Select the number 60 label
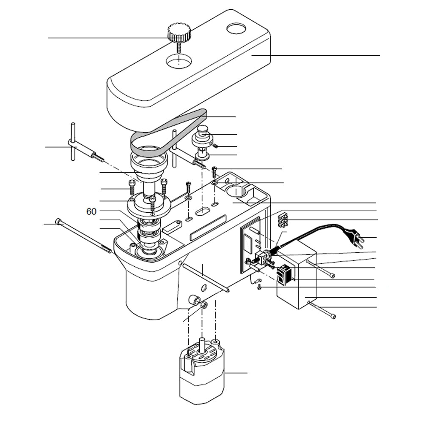point(91,211)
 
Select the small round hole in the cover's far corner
point(236,29)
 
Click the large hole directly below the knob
point(179,62)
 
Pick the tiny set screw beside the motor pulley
point(215,146)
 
